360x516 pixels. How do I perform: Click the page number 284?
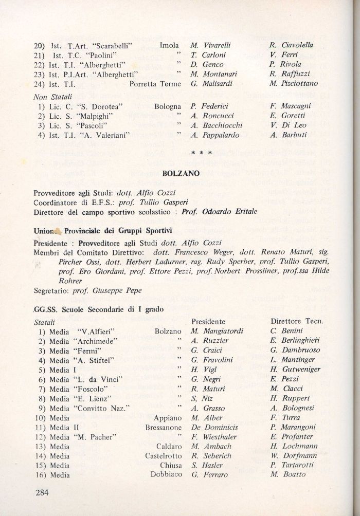coord(42,493)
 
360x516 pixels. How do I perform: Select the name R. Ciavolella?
coord(292,45)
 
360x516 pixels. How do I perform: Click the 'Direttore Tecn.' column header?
coord(296,321)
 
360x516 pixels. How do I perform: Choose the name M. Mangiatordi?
coord(217,331)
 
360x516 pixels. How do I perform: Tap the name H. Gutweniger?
coord(295,370)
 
